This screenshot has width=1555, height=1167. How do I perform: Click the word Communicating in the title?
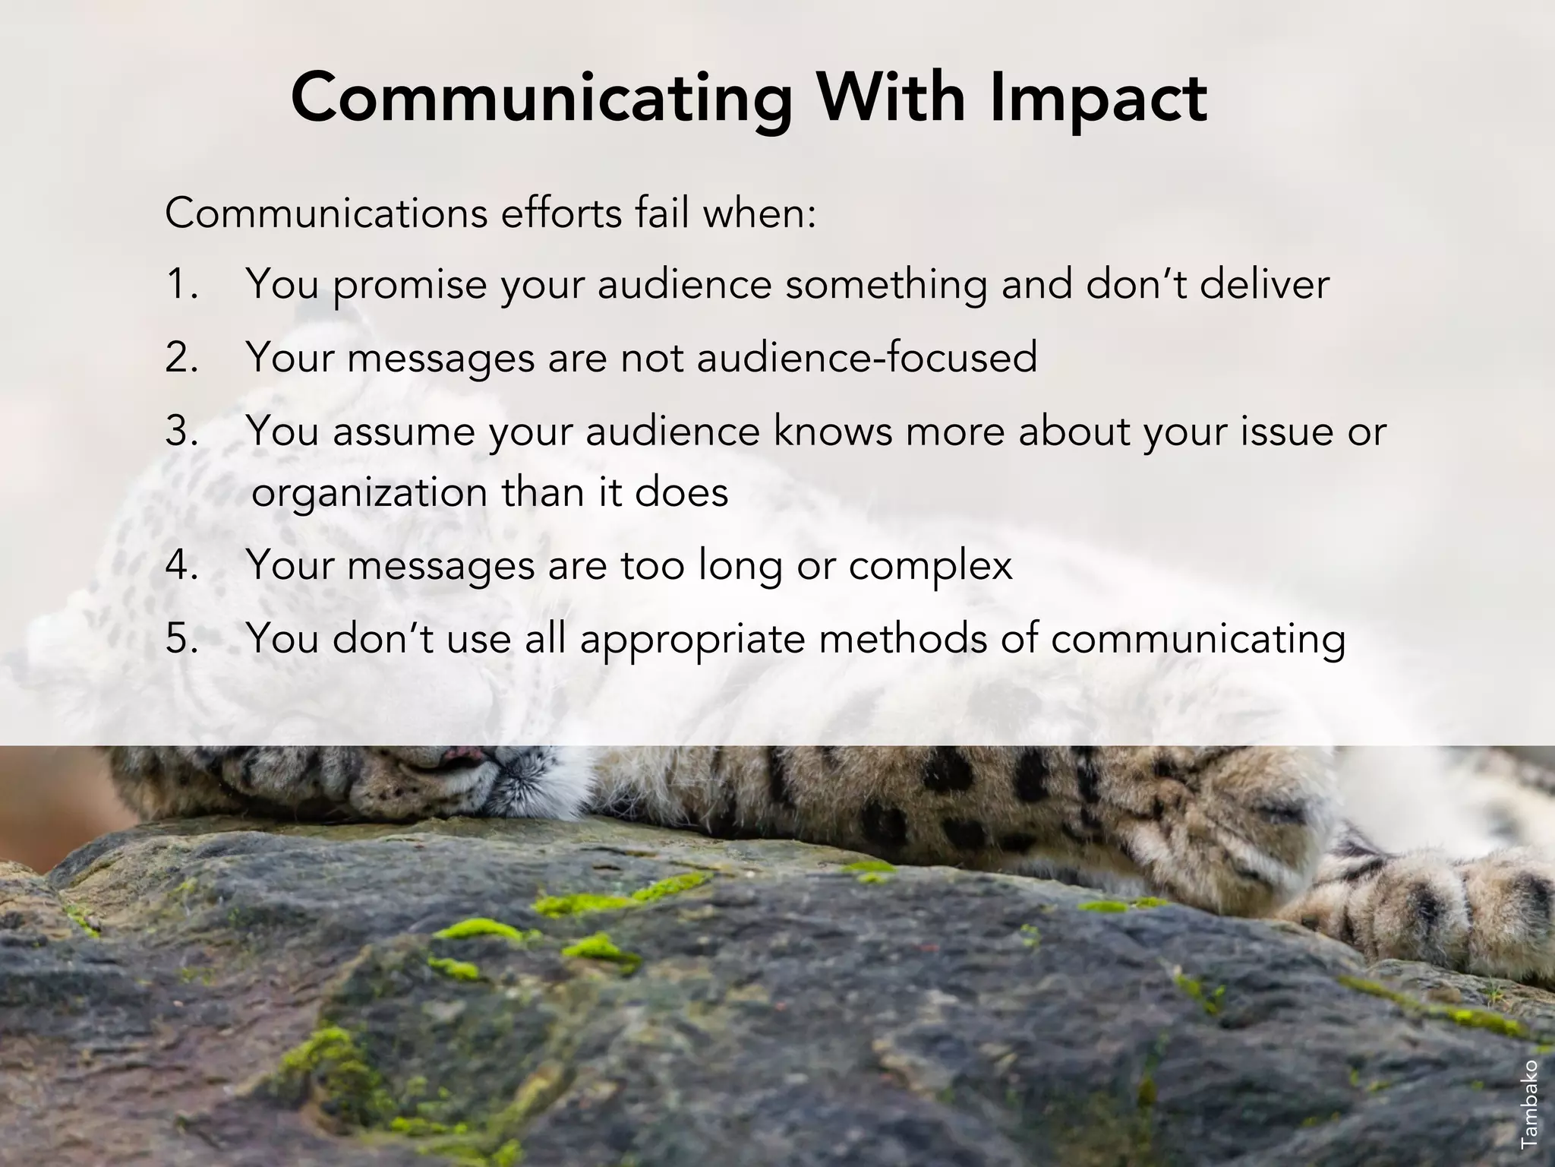point(541,99)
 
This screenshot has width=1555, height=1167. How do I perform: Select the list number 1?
point(181,285)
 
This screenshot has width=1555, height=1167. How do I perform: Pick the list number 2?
point(181,357)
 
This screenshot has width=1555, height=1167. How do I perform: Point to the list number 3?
point(181,431)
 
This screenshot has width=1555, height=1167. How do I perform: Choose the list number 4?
point(181,565)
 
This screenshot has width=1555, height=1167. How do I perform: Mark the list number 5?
point(181,638)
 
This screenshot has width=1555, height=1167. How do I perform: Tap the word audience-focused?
point(866,357)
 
